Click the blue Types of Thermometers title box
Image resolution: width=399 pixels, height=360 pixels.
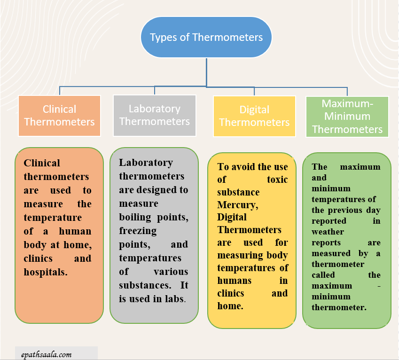[x=206, y=37]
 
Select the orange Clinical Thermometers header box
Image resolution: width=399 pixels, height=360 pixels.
[x=59, y=116]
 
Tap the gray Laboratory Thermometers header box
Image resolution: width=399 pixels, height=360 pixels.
[x=155, y=115]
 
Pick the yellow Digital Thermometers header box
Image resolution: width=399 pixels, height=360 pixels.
[x=254, y=116]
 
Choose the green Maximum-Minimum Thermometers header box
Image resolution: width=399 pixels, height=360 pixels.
[x=347, y=117]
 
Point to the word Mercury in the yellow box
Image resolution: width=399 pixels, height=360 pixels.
[x=237, y=205]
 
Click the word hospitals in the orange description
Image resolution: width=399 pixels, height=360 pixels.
[x=46, y=272]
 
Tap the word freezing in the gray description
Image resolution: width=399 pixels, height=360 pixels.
[x=138, y=231]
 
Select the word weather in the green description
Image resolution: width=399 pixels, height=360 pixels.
[x=328, y=232]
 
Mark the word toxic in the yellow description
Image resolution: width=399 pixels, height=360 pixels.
[x=277, y=180]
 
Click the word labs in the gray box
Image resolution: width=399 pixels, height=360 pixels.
[x=174, y=299]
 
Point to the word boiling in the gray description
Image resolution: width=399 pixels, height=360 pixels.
[x=135, y=217]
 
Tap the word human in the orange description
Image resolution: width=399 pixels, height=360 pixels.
[x=75, y=231]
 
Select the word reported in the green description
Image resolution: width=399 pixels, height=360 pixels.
[x=329, y=221]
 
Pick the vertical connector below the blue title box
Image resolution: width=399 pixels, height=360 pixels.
[x=206, y=72]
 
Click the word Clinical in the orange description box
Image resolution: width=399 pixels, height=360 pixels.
[x=42, y=163]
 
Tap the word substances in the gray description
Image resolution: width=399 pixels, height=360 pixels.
[x=141, y=285]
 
